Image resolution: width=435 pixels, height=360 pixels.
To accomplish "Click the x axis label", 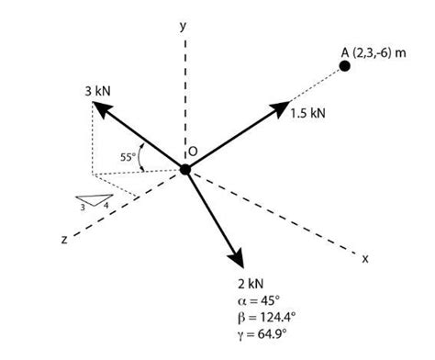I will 364,258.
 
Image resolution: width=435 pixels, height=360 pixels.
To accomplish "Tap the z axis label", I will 64,240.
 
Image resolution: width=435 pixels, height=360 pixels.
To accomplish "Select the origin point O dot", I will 185,169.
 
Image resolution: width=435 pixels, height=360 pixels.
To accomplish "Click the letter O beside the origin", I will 193,151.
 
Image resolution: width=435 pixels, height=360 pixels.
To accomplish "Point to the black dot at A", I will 345,67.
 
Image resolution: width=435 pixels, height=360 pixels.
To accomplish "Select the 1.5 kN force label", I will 308,114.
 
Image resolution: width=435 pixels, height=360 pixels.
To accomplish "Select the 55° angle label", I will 128,156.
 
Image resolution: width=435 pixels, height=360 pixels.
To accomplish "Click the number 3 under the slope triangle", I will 83,208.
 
